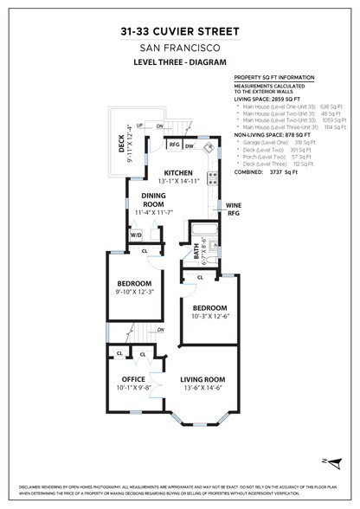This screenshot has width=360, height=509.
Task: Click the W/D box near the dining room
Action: click(x=136, y=235)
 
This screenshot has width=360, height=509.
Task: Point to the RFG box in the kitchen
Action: click(x=175, y=145)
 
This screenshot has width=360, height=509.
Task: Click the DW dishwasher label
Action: click(x=189, y=145)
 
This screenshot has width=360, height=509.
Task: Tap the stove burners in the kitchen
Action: click(x=212, y=181)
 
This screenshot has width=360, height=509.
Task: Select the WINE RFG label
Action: click(x=234, y=209)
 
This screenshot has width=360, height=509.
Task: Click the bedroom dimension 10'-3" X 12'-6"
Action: click(x=209, y=316)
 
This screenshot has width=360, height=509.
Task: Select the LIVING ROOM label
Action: click(x=202, y=379)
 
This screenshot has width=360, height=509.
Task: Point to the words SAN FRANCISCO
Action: click(x=180, y=48)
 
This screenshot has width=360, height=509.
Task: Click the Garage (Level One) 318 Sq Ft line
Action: click(x=286, y=141)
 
